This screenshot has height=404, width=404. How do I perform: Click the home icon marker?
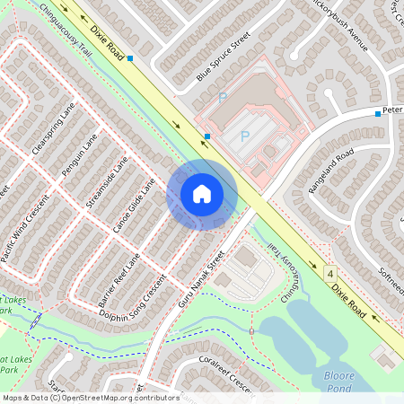[x=202, y=194]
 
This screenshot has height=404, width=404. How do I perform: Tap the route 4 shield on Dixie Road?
[x=330, y=272]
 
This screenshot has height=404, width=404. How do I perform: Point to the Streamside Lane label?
[x=107, y=183]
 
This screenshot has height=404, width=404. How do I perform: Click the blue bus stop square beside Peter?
[x=378, y=114]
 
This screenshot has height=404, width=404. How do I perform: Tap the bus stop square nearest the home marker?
[x=207, y=136]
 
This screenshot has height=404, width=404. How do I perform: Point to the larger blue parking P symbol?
[x=243, y=136]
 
